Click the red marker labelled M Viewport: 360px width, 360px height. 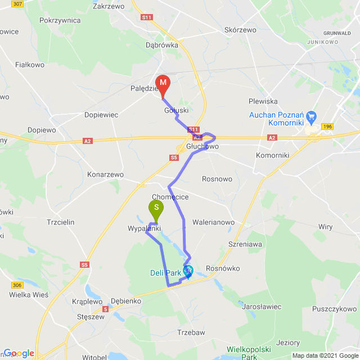coord(162,84)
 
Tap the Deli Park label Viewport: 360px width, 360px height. coord(165,273)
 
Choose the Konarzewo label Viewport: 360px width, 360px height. coord(105,175)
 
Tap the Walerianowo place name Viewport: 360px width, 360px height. coord(213,222)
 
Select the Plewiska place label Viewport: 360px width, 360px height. coord(263,101)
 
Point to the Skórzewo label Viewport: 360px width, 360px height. coord(240,30)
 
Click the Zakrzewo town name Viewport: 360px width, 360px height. coord(109,7)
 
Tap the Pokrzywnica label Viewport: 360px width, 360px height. coord(60,20)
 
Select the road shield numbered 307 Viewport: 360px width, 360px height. coord(17,4)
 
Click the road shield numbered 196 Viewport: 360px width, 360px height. coord(327,127)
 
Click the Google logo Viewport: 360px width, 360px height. coord(19,353)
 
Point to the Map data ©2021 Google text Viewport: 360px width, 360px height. coord(325,355)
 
